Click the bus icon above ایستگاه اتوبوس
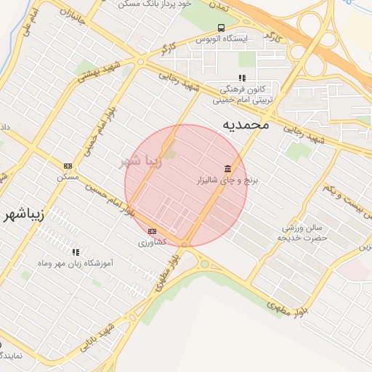220,28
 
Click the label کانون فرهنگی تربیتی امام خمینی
244,94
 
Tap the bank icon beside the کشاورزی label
152,231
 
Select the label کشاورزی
153,241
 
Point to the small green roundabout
205,264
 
